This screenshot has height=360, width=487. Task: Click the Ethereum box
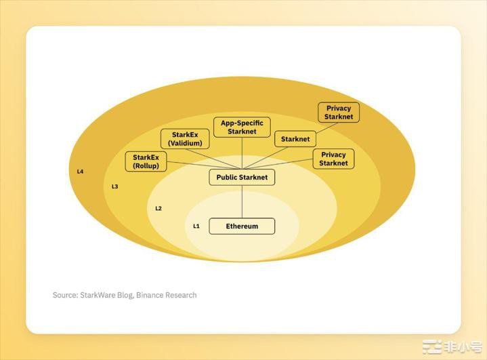pyautogui.click(x=242, y=226)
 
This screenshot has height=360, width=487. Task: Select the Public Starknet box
pyautogui.click(x=242, y=177)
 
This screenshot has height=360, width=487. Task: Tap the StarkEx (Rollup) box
pyautogui.click(x=146, y=161)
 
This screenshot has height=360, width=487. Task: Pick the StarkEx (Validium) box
pyautogui.click(x=185, y=139)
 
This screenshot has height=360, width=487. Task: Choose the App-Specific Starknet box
pyautogui.click(x=242, y=127)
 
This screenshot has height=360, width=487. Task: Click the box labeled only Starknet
pyautogui.click(x=295, y=139)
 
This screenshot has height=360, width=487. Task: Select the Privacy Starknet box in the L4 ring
pyautogui.click(x=339, y=113)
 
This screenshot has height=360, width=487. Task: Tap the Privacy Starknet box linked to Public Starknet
pyautogui.click(x=333, y=159)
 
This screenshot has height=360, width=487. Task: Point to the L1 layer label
pyautogui.click(x=196, y=226)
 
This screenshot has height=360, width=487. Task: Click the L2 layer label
pyautogui.click(x=158, y=208)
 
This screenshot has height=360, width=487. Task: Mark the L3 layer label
pyautogui.click(x=114, y=186)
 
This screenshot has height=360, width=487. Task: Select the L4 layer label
pyautogui.click(x=80, y=172)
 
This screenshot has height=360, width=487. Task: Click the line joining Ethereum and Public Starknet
pyautogui.click(x=242, y=202)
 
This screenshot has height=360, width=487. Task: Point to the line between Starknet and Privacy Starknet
pyautogui.click(x=327, y=127)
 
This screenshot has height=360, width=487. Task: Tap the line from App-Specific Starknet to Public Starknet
pyautogui.click(x=242, y=153)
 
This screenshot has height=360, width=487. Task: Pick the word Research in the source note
pyautogui.click(x=181, y=295)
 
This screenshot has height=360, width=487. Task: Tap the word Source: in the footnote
pyautogui.click(x=65, y=295)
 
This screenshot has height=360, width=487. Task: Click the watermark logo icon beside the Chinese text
pyautogui.click(x=432, y=346)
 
